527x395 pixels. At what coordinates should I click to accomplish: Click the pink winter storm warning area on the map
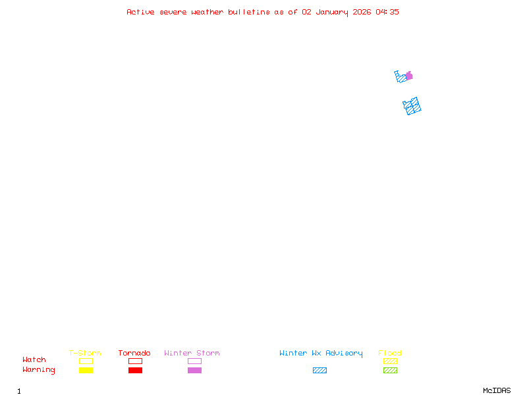(410, 76)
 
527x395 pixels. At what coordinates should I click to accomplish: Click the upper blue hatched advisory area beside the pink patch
(401, 78)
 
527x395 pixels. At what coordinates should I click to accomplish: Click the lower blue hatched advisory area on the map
(412, 106)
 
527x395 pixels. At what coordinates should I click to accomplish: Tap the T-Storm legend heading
(85, 354)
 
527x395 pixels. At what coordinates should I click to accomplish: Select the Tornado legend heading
(134, 354)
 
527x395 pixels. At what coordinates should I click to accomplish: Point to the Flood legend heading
(390, 354)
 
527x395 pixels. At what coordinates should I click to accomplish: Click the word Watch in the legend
(34, 360)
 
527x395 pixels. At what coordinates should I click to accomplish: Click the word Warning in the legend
(39, 370)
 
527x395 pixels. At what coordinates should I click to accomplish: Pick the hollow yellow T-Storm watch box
(86, 361)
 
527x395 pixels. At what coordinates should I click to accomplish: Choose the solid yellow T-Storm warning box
(86, 370)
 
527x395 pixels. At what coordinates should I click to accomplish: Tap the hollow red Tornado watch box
(135, 361)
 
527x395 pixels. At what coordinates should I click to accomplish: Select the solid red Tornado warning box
(135, 370)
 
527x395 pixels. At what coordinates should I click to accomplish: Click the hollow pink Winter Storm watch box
(194, 361)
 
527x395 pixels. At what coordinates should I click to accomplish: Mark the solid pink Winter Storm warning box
(194, 370)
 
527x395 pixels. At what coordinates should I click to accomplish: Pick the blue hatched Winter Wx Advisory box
(319, 370)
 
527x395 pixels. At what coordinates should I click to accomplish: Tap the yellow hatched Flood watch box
(390, 361)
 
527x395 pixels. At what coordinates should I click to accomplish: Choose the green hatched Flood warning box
(390, 370)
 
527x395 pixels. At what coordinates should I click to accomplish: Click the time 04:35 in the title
(387, 12)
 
